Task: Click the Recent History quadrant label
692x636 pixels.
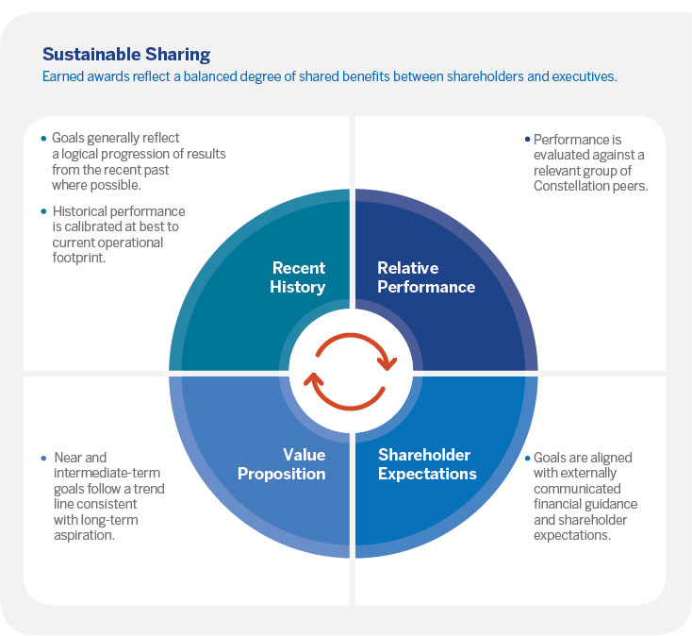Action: (298, 276)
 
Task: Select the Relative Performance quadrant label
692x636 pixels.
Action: (425, 276)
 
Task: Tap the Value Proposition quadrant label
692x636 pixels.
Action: (282, 464)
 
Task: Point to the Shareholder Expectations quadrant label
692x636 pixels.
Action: (426, 464)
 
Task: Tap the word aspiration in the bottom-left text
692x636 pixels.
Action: (83, 535)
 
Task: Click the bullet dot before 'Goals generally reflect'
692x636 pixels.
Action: (43, 138)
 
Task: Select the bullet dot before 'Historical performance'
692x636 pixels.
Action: (43, 210)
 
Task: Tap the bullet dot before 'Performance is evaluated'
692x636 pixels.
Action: (526, 139)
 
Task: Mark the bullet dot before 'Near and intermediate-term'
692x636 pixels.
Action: (43, 458)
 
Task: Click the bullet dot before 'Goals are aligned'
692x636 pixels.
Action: (526, 458)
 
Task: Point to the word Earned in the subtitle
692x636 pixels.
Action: (63, 76)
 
